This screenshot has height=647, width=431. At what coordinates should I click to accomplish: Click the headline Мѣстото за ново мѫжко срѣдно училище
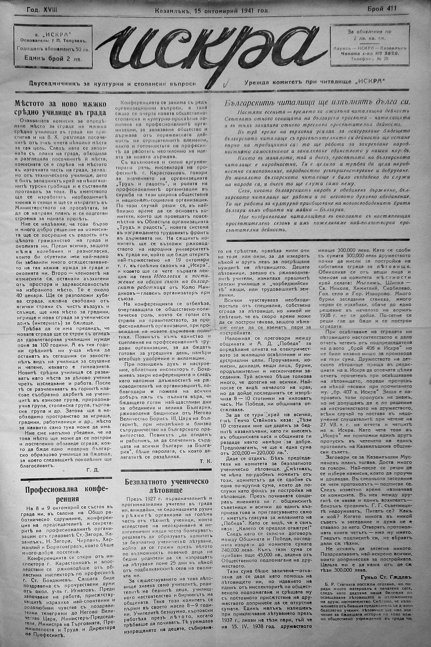(60, 108)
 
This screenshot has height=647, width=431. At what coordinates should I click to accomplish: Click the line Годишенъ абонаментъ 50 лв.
(53, 49)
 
